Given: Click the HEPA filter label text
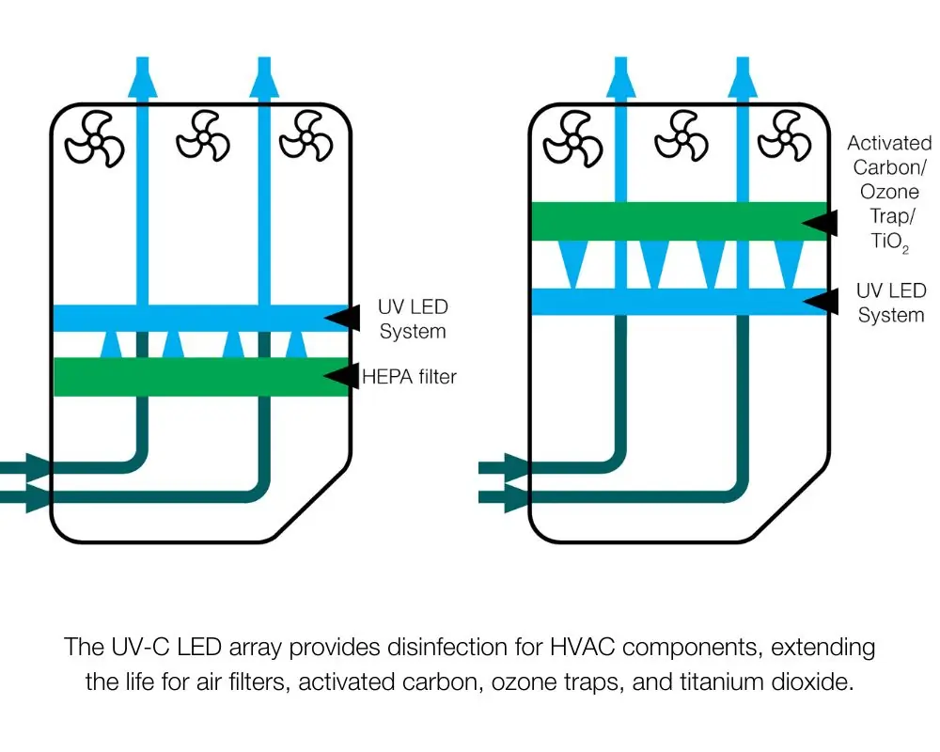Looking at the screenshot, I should (x=410, y=378).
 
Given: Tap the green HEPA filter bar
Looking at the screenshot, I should (x=188, y=377).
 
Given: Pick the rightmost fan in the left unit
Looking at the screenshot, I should (x=305, y=138).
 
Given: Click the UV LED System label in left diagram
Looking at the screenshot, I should (x=413, y=319).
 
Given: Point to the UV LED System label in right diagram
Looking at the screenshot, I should (x=890, y=303).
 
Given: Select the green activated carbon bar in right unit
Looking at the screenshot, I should (x=667, y=221).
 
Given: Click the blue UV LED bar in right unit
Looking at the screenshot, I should (x=667, y=302).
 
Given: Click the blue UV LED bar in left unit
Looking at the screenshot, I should (x=188, y=318).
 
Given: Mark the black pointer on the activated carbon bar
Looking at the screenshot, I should (x=818, y=222).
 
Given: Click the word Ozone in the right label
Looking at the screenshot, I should (x=889, y=192).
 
